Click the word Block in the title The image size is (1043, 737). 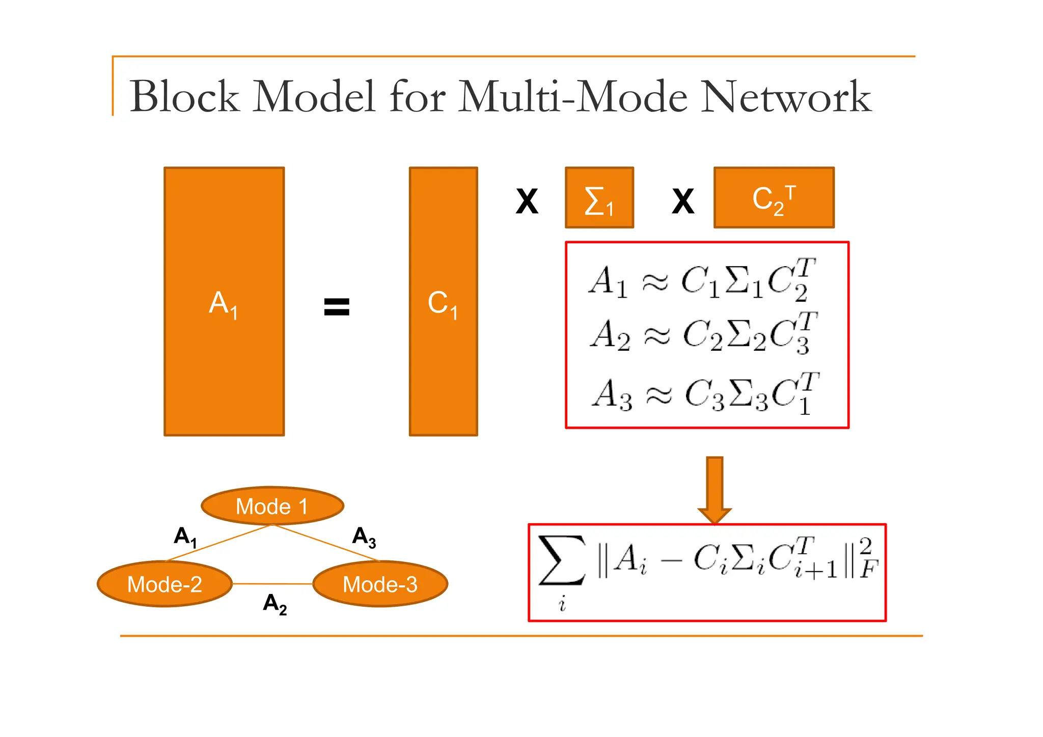point(184,97)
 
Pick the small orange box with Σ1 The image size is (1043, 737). point(599,197)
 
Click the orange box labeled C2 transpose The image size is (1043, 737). point(774,197)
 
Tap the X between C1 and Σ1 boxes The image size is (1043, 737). point(527,202)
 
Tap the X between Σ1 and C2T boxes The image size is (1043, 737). point(682,202)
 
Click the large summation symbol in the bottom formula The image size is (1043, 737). point(562,561)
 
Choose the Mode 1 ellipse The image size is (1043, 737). point(272,506)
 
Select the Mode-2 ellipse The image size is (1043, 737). point(164,584)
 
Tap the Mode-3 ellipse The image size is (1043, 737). point(380,584)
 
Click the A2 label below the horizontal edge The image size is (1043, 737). point(275,604)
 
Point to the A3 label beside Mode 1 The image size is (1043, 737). point(364,537)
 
